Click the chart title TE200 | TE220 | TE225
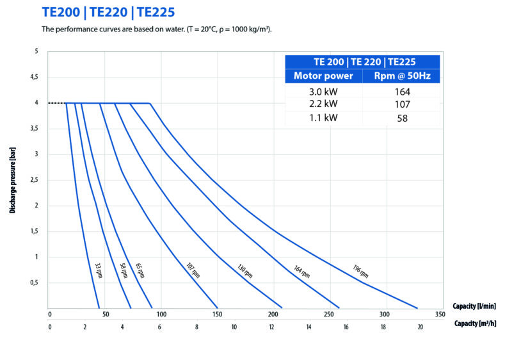(x=108, y=12)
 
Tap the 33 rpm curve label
(x=99, y=270)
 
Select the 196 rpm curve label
(x=360, y=272)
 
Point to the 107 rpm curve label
(x=193, y=271)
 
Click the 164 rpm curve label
(x=302, y=272)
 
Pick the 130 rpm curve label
(x=244, y=272)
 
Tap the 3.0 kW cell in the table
(x=323, y=92)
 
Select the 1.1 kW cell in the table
(x=323, y=118)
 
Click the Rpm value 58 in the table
(x=402, y=118)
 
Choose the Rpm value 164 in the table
(x=402, y=92)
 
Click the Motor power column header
(x=323, y=76)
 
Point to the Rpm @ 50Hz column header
(x=402, y=76)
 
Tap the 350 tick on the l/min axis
(x=439, y=315)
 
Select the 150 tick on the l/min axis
(x=217, y=315)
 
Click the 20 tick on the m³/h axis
(x=420, y=326)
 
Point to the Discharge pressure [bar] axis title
(x=13, y=179)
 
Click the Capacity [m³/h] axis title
(x=475, y=323)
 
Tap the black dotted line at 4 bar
(x=56, y=102)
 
